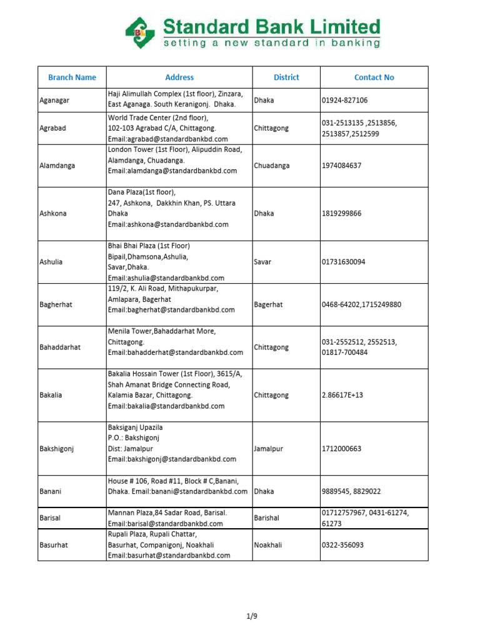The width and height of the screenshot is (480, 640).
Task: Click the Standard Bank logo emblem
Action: (x=140, y=32)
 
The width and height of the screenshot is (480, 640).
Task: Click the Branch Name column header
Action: (x=72, y=77)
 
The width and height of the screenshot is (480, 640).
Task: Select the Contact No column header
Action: (x=374, y=77)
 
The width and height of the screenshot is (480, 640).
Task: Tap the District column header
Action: (x=286, y=77)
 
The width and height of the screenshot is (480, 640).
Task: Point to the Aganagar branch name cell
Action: (x=54, y=100)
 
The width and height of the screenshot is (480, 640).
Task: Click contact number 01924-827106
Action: (x=344, y=100)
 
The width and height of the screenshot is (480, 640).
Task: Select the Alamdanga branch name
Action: (x=57, y=166)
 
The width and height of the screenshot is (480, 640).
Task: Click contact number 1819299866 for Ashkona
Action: (x=341, y=213)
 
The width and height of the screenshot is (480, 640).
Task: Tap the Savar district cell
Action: (x=262, y=262)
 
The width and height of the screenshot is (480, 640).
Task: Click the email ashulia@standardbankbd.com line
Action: (x=166, y=277)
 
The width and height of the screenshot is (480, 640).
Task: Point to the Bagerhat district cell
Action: (x=268, y=304)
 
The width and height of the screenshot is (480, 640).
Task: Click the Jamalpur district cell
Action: (x=269, y=449)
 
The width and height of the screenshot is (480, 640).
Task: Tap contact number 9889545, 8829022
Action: (x=351, y=491)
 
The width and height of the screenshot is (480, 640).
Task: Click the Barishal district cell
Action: (x=267, y=518)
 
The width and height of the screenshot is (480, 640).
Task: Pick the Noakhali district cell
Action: (x=269, y=545)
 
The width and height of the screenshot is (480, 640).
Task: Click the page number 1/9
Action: (x=252, y=616)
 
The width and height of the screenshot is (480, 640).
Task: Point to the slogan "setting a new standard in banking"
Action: (x=271, y=43)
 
